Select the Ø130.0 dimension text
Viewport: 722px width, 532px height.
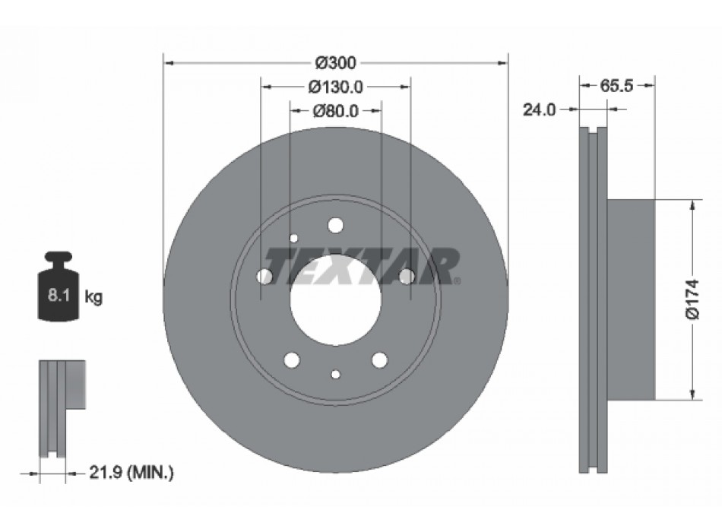pos(336,87)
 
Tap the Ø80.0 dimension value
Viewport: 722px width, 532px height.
pos(336,111)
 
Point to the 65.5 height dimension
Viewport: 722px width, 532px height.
pos(616,86)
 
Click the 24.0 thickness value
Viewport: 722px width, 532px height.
pos(540,110)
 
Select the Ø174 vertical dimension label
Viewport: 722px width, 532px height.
pos(692,299)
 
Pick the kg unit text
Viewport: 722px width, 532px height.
pos(93,296)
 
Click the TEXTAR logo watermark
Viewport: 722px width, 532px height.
pos(364,265)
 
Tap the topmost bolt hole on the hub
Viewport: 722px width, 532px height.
pos(335,225)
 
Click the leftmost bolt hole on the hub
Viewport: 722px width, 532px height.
pos(265,276)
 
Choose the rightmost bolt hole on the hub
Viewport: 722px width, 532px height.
pos(406,276)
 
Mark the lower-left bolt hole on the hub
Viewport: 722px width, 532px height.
pos(292,360)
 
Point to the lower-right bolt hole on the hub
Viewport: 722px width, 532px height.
pos(379,360)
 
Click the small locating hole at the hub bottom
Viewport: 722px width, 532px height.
pos(335,373)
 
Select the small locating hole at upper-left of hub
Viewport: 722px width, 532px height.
pos(294,239)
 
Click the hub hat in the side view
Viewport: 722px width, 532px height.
pos(631,299)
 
